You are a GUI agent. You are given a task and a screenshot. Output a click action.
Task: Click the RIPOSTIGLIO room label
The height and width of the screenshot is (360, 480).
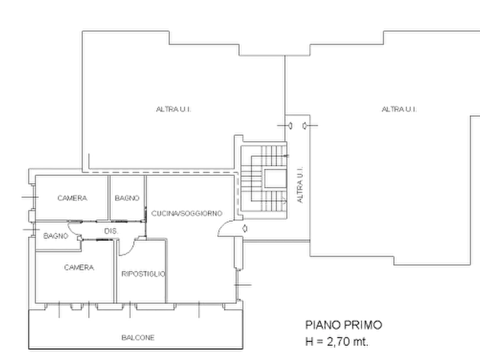144,273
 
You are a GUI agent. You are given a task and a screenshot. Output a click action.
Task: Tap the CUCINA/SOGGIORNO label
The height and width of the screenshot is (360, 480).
187,213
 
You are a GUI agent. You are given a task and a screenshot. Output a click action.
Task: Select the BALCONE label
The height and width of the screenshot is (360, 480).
138,337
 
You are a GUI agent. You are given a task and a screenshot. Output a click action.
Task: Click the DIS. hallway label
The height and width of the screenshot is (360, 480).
111,231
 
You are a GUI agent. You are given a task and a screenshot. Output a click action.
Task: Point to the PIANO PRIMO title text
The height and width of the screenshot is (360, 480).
344,325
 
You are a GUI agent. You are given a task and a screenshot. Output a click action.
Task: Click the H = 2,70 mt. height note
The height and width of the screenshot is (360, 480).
336,341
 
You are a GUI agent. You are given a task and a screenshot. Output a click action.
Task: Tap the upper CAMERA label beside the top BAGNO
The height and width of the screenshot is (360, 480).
72,198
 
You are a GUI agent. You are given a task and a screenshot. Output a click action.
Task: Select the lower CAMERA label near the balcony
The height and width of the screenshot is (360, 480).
79,268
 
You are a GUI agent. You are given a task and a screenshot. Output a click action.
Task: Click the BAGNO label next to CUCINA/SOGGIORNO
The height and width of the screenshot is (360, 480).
127,198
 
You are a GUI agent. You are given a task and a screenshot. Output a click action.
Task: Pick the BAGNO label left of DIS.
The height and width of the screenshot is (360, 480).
56,236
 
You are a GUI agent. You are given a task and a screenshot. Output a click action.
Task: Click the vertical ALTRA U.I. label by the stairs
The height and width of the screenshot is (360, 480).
300,185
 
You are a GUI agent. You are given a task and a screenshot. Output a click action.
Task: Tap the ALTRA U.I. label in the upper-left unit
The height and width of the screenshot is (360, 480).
174,109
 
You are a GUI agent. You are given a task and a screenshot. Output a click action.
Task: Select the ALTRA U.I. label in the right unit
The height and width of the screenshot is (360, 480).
399,109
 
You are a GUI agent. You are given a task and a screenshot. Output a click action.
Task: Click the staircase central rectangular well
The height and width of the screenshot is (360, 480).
275,178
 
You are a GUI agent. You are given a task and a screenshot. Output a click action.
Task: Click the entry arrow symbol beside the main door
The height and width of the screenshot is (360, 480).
245,228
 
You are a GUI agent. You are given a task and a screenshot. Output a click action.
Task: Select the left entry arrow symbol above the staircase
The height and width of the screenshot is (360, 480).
290,126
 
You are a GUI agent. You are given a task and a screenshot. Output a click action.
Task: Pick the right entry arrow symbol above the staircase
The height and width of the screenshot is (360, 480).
304,126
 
